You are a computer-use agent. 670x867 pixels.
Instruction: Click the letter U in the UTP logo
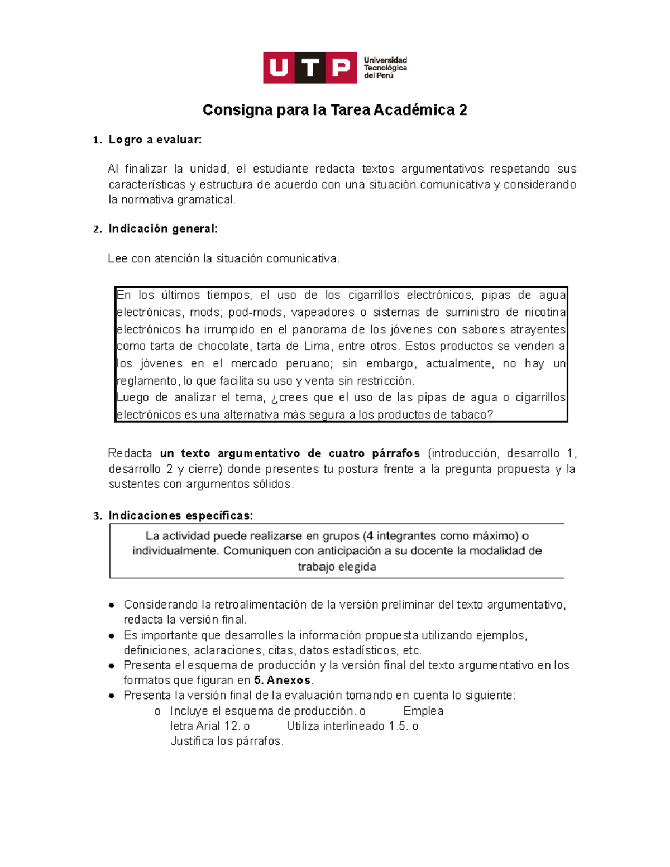pyautogui.click(x=279, y=68)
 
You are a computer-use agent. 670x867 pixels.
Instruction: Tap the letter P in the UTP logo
pyautogui.click(x=341, y=68)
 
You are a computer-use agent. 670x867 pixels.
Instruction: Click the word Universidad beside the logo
pyautogui.click(x=385, y=60)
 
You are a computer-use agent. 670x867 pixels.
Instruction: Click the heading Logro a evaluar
pyautogui.click(x=155, y=140)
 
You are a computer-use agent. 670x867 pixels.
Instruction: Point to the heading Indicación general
pyautogui.click(x=162, y=228)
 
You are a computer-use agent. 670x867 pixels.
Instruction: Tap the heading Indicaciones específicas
pyautogui.click(x=180, y=515)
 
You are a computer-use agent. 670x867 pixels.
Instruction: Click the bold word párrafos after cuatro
pyautogui.click(x=396, y=453)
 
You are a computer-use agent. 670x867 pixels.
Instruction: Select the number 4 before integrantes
pyautogui.click(x=370, y=536)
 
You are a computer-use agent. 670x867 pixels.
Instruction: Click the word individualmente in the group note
pyautogui.click(x=176, y=551)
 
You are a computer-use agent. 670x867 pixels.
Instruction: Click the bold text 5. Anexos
pyautogui.click(x=282, y=681)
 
